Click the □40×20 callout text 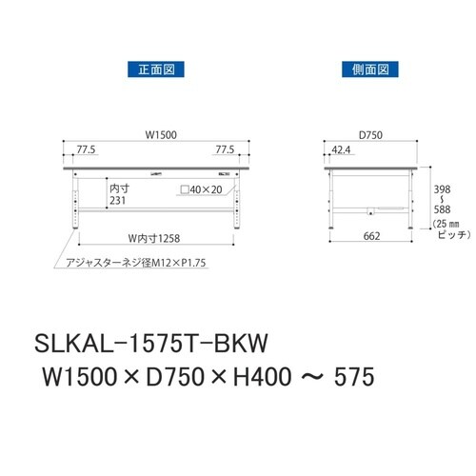[x=203, y=190]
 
